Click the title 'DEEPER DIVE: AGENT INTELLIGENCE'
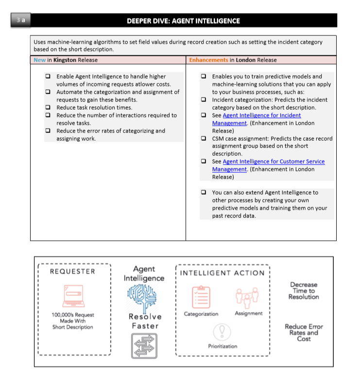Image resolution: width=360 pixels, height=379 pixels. pyautogui.click(x=183, y=21)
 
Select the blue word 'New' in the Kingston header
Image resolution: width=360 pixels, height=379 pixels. pyautogui.click(x=40, y=60)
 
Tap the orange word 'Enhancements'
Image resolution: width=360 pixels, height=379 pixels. pyautogui.click(x=208, y=60)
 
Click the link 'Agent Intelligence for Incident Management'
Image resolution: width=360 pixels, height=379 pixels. pyautogui.click(x=261, y=115)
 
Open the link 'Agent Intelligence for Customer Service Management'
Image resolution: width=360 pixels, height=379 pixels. pyautogui.click(x=274, y=162)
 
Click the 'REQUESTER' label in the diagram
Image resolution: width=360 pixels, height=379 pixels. pyautogui.click(x=73, y=271)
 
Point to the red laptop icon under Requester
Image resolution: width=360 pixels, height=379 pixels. pyautogui.click(x=73, y=296)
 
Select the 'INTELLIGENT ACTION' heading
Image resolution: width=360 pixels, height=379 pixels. pyautogui.click(x=222, y=273)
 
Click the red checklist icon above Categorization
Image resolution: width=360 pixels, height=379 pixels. pyautogui.click(x=201, y=297)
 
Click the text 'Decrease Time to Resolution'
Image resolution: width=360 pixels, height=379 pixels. pyautogui.click(x=304, y=291)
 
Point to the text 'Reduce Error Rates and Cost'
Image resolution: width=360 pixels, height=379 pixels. pyautogui.click(x=304, y=332)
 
